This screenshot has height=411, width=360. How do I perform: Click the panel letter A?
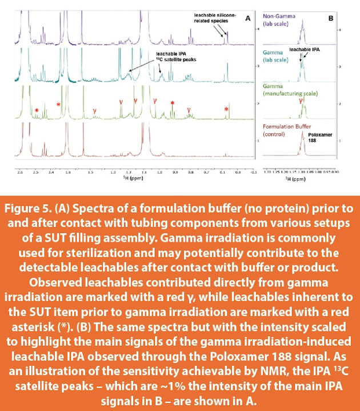[x=248, y=18]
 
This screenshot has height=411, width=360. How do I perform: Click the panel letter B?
[x=330, y=18]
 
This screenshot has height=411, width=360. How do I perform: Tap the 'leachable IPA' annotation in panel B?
[x=305, y=50]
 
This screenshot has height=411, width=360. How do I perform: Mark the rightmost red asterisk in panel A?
[x=226, y=109]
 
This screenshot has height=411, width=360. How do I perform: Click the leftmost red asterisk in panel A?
[x=36, y=110]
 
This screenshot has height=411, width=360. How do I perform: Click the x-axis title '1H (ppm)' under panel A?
[x=129, y=178]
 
